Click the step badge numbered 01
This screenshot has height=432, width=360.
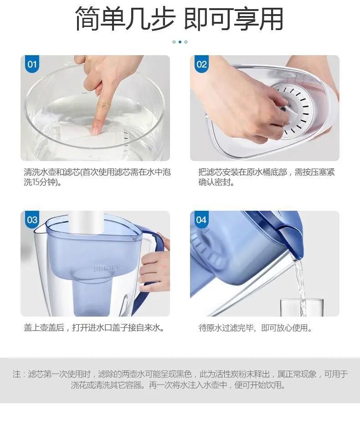point(32,64)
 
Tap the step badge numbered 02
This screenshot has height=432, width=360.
point(201,64)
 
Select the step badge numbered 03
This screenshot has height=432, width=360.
point(32,219)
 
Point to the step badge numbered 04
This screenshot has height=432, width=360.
point(201,219)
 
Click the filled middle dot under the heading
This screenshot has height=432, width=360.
point(180,42)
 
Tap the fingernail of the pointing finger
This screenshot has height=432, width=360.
point(95,130)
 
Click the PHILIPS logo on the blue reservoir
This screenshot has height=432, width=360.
point(107,268)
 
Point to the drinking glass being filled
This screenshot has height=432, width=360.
point(302,307)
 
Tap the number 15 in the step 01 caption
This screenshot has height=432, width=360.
point(36,182)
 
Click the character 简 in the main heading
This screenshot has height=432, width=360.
point(87,19)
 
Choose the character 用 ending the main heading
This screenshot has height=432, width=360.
point(271,19)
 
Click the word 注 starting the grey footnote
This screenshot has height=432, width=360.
point(16,374)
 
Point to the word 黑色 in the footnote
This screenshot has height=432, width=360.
point(184,374)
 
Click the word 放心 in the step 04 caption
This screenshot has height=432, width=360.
point(284,328)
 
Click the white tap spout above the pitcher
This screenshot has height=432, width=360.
point(86,222)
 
